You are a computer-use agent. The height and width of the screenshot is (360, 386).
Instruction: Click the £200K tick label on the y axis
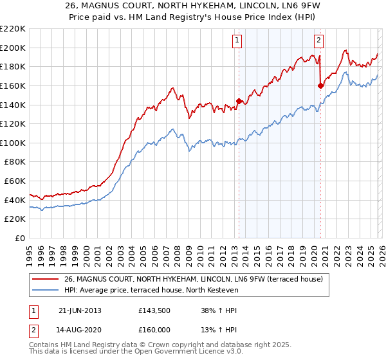click(x=13, y=48)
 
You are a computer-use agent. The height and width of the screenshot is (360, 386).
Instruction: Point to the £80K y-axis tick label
click(x=15, y=162)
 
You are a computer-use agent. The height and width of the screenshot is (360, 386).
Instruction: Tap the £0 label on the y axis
click(x=21, y=239)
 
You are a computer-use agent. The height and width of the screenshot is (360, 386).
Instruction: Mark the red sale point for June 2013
click(x=239, y=101)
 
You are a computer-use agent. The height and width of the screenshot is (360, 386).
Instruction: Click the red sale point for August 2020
click(x=320, y=85)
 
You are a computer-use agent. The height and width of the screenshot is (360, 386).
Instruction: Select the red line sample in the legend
click(x=45, y=279)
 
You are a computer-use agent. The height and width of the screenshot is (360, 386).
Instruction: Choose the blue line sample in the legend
click(x=45, y=290)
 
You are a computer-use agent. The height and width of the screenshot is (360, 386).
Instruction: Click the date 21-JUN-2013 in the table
click(x=80, y=310)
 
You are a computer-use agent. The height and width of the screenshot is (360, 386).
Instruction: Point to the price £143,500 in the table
click(x=154, y=310)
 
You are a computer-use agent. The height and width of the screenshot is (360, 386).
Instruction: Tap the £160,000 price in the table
click(x=154, y=329)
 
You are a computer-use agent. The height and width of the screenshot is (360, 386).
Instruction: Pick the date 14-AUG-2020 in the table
click(x=80, y=329)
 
